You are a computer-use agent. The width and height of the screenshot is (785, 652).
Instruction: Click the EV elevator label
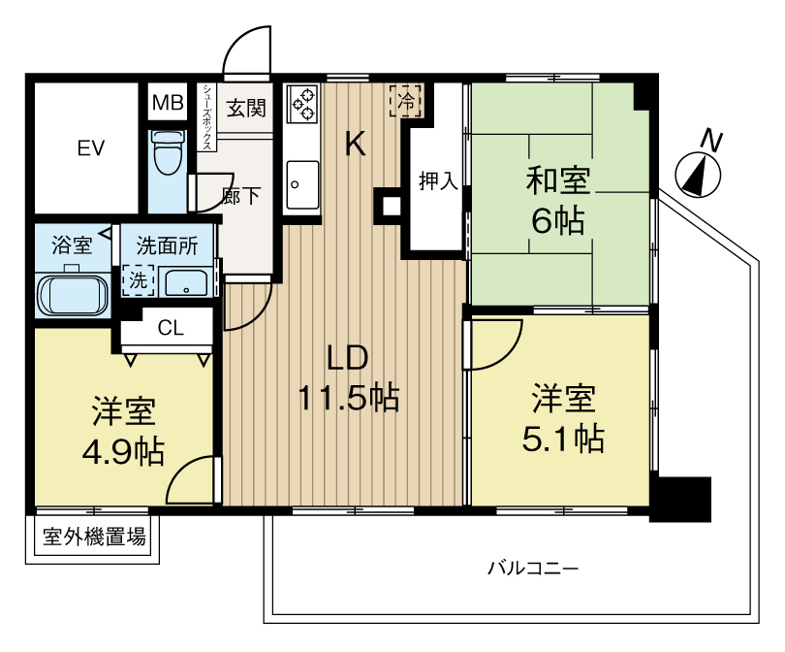click(91, 148)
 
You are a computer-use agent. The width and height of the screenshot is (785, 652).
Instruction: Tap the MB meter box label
click(168, 103)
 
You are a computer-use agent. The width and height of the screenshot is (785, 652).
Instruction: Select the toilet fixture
click(167, 153)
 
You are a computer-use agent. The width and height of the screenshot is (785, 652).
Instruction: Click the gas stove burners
click(303, 103)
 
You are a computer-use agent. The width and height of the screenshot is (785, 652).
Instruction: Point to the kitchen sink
click(302, 184)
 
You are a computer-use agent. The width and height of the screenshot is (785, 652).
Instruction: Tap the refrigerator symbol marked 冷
click(406, 101)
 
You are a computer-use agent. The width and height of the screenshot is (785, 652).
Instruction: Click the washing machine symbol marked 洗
click(139, 280)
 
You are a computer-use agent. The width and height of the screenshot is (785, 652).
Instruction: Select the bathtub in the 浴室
click(73, 295)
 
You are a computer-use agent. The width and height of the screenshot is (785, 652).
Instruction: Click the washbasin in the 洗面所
click(184, 283)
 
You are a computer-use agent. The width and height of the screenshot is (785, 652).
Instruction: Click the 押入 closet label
click(439, 180)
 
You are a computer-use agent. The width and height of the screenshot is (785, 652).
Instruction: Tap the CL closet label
click(171, 328)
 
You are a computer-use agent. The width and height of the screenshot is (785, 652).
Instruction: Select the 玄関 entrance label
click(246, 108)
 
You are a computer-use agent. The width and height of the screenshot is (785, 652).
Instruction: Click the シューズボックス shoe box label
click(206, 116)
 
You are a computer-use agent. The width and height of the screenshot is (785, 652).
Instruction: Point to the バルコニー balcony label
click(533, 569)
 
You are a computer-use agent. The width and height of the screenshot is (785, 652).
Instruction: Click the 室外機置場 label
click(94, 537)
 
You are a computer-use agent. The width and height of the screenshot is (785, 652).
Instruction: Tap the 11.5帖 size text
click(349, 398)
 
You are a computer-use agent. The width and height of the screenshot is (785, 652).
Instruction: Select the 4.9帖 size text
click(123, 451)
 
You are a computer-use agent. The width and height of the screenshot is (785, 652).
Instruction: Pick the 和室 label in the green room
click(557, 180)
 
